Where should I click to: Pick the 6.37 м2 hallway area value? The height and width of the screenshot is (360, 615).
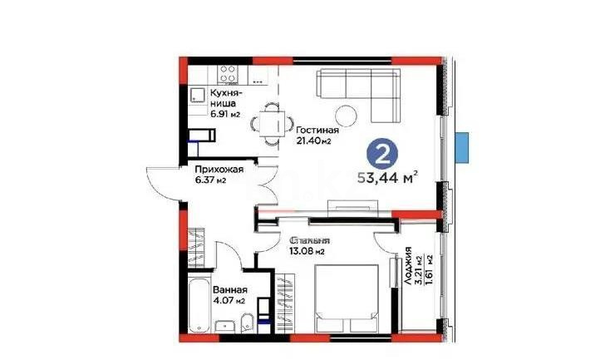[209, 180]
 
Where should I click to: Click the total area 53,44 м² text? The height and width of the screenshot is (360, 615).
[386, 177]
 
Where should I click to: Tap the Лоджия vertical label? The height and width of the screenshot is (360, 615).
[410, 267]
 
